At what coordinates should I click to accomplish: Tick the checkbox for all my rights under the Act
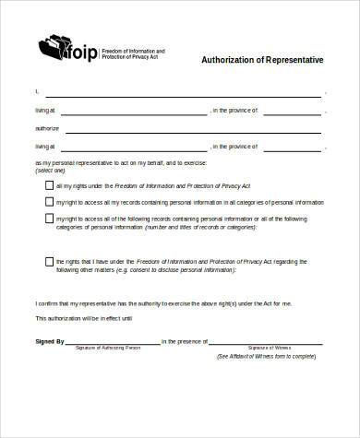(49, 185)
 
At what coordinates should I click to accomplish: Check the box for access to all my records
(49, 201)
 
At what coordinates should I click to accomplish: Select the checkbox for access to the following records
(49, 219)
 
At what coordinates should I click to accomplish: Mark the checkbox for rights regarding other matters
(49, 261)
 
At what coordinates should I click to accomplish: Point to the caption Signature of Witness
(269, 348)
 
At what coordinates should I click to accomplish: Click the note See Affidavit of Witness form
(267, 356)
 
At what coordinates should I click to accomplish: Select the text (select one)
(50, 171)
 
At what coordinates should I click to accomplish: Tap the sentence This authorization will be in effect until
(84, 318)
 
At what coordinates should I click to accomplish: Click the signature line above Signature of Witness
(269, 342)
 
